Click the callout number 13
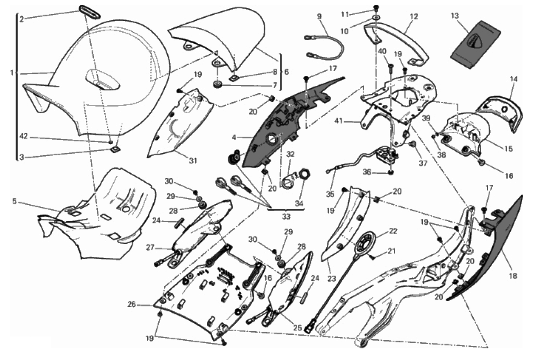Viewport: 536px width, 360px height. click(x=455, y=16)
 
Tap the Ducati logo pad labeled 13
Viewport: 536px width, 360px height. click(x=476, y=44)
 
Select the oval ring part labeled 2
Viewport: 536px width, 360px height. click(x=90, y=11)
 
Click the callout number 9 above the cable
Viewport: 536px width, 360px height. click(x=319, y=16)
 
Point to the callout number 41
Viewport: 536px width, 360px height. click(x=338, y=121)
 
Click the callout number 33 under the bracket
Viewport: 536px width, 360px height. click(x=286, y=216)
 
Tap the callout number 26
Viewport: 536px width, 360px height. click(x=132, y=304)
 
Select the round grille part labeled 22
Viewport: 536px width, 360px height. click(x=365, y=244)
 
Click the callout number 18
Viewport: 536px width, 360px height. click(x=513, y=276)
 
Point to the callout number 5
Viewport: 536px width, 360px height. click(x=14, y=202)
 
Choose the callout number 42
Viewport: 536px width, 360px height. click(x=23, y=136)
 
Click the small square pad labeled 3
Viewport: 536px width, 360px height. click(x=115, y=149)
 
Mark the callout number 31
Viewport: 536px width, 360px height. click(x=193, y=161)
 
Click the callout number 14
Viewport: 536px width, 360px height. click(x=514, y=79)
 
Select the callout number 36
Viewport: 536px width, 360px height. click(x=367, y=172)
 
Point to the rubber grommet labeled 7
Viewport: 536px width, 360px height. click(x=218, y=85)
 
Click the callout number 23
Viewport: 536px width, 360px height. click(x=332, y=278)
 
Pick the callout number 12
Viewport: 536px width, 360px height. click(x=414, y=16)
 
